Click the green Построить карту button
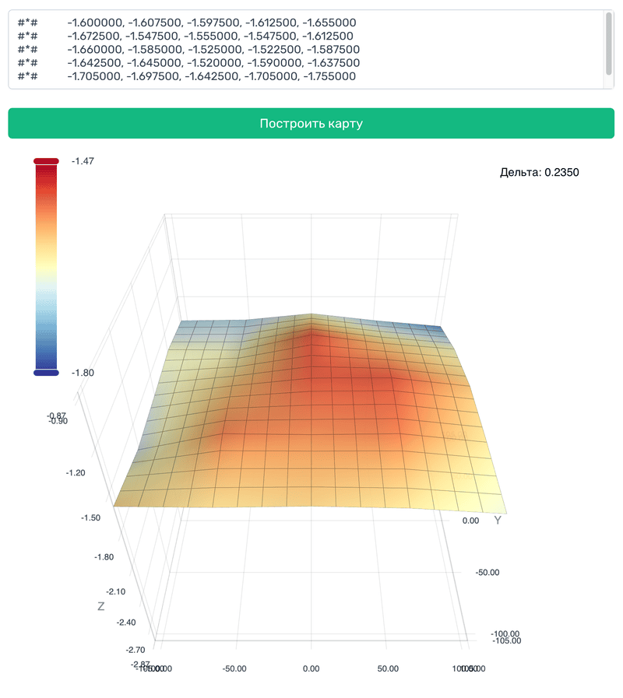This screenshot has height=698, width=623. pos(311,124)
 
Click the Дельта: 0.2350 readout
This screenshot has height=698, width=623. pos(540,172)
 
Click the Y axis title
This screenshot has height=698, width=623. pos(497,520)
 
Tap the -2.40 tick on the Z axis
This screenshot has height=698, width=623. pos(126,622)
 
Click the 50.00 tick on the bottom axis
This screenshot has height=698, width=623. pos(388,668)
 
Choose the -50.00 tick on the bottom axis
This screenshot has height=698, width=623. pos(234,668)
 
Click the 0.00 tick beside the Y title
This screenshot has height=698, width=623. pos(470,520)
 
